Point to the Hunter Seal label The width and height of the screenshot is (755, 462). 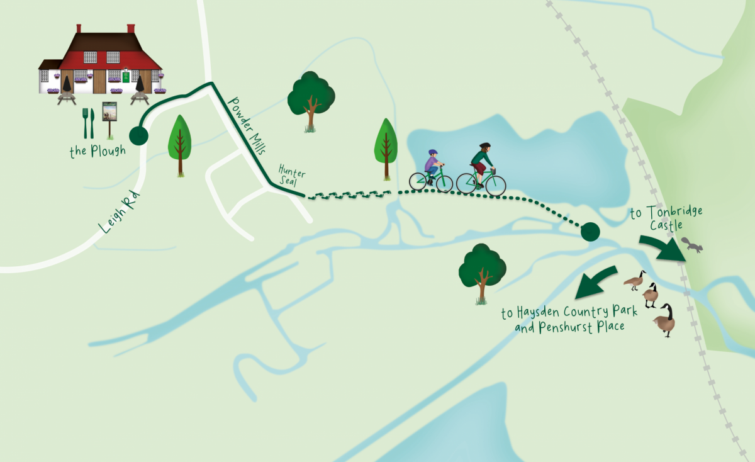point(292,174)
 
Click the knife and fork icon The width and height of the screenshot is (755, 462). point(88,123)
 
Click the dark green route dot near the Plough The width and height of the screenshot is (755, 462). point(138,135)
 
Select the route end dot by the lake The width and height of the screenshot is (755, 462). point(590,232)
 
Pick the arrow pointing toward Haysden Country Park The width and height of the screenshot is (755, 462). point(594,281)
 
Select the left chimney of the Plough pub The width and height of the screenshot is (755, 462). point(79,28)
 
